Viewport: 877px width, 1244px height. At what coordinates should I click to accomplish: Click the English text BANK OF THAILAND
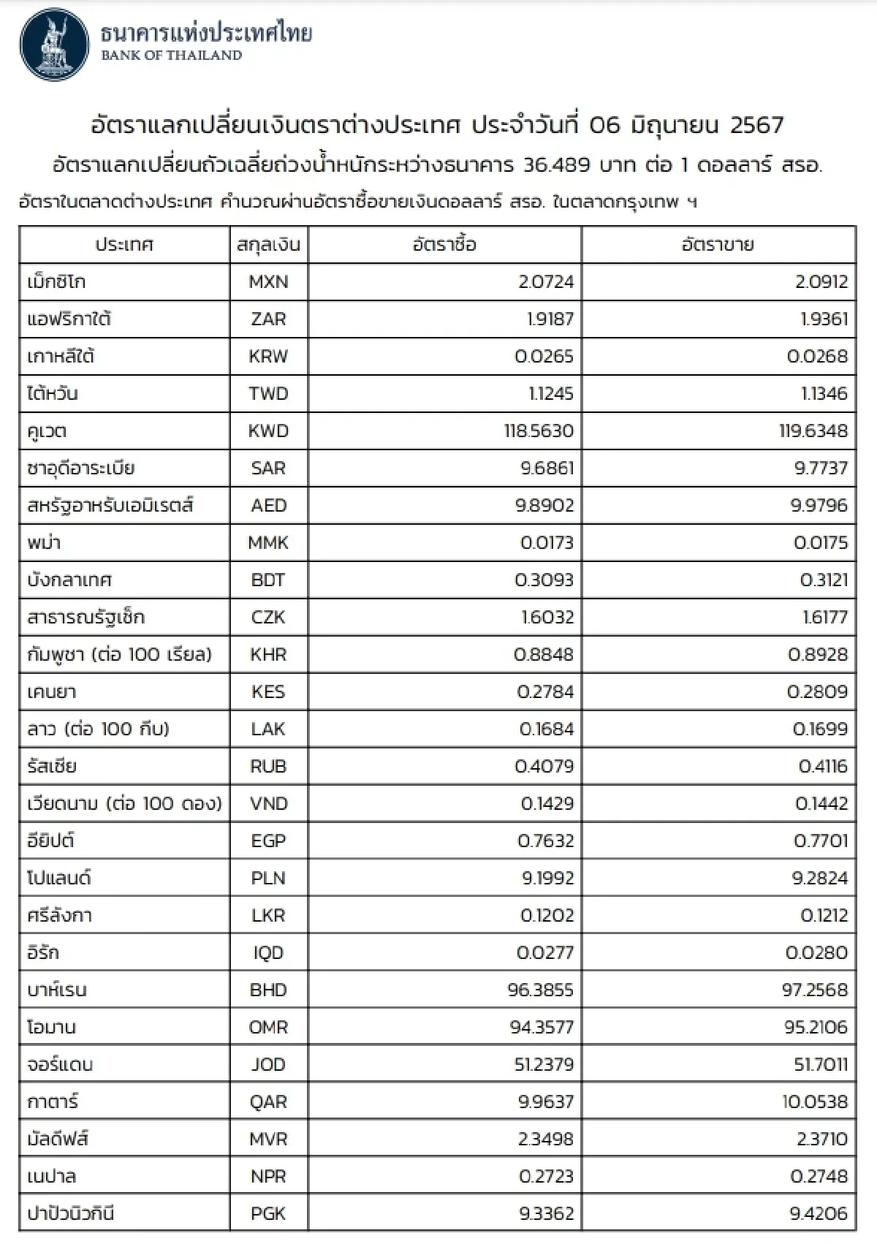point(172,56)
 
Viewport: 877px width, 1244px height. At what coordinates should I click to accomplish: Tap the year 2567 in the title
point(756,125)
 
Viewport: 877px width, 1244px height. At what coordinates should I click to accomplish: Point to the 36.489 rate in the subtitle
point(557,164)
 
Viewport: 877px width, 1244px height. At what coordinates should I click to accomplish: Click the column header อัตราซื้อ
point(444,245)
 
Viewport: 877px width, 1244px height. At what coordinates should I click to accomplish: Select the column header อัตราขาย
point(718,245)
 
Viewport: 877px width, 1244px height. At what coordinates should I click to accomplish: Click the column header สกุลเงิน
point(268,245)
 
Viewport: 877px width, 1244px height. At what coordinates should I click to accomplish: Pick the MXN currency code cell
point(268,282)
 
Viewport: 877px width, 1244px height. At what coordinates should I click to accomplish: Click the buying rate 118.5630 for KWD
point(539,431)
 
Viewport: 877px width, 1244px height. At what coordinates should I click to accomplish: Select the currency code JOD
point(268,1065)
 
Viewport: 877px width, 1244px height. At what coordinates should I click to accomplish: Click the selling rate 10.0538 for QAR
point(815,1102)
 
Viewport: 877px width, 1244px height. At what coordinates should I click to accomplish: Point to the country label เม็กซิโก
point(56,282)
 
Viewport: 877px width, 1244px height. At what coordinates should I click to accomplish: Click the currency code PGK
point(268,1214)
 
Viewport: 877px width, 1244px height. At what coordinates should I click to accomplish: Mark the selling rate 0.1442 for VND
point(821,804)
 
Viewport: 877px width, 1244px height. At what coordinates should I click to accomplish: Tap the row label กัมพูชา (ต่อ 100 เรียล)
point(119,655)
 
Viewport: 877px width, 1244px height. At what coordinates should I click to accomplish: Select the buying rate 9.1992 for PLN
point(547,879)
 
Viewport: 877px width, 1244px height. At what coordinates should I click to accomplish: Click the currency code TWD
point(268,394)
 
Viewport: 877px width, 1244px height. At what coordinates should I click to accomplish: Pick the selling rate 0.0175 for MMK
point(821,543)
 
